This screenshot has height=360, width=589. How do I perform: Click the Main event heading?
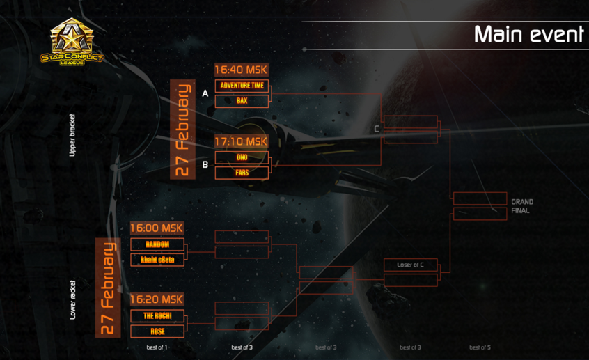point(528,34)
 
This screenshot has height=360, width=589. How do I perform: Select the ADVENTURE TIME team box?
point(242,86)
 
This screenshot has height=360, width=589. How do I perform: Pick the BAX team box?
point(242,101)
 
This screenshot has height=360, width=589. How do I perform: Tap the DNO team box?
point(242,157)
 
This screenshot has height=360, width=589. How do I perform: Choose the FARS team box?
point(242,173)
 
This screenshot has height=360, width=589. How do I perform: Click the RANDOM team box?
point(157,244)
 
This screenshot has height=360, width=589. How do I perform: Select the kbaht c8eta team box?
point(157,260)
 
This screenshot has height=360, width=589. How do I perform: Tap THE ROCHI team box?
point(157,315)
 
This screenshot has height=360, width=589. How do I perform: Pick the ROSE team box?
point(157,331)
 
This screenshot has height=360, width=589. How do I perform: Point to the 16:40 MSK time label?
point(241,70)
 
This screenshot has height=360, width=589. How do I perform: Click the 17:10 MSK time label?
point(241,141)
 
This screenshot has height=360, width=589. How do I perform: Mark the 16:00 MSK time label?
point(157,228)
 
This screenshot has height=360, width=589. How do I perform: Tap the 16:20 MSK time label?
point(157,299)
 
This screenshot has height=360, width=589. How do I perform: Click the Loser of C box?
point(410,265)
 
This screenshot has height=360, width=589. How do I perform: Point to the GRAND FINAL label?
point(521,206)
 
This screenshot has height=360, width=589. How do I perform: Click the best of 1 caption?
point(157,347)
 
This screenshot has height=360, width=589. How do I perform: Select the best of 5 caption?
point(480,347)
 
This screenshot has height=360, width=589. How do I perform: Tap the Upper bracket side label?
point(72,135)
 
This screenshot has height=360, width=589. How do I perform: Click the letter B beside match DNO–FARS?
point(205,165)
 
